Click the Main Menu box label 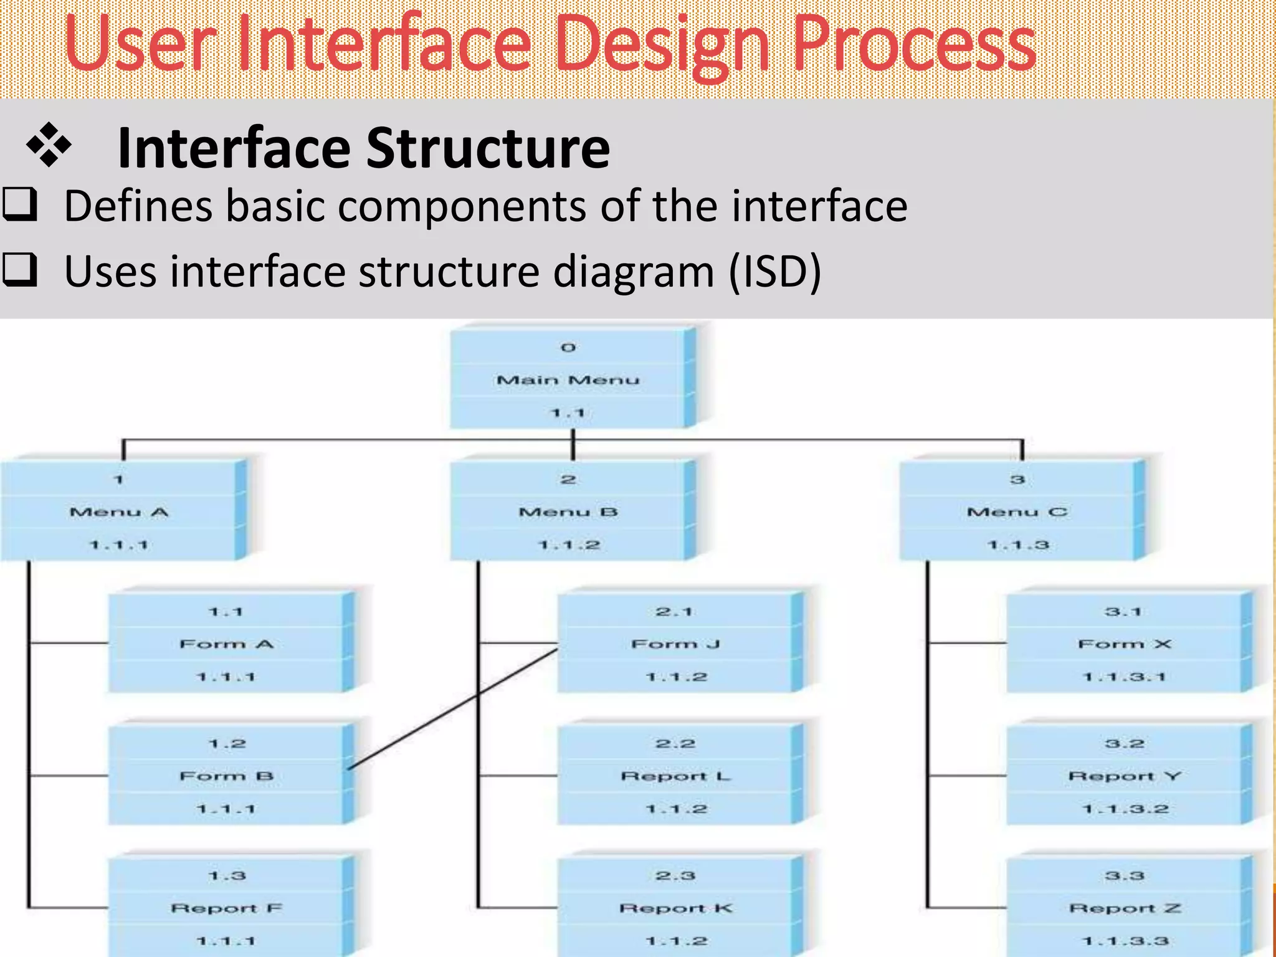click(x=568, y=379)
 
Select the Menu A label click(x=118, y=512)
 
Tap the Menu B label click(x=568, y=512)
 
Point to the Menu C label click(x=1017, y=512)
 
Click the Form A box click(x=226, y=644)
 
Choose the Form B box click(x=226, y=776)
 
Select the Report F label click(x=226, y=908)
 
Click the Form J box click(x=675, y=644)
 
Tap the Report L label click(x=675, y=776)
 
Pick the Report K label click(x=675, y=908)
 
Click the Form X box click(x=1125, y=644)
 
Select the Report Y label click(x=1125, y=776)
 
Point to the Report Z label click(x=1125, y=908)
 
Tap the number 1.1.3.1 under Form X click(x=1124, y=677)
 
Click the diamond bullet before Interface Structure click(x=49, y=145)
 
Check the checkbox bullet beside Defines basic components click(x=20, y=204)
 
